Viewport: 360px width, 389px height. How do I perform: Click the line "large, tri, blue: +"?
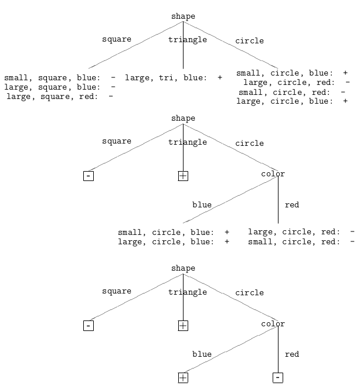(x=174, y=78)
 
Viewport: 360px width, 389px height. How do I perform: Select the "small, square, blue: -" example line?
(x=60, y=78)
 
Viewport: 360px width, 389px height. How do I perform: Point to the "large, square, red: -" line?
(x=60, y=96)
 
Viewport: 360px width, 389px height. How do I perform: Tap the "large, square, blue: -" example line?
(x=60, y=87)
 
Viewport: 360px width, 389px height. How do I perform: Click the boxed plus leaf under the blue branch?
(x=183, y=378)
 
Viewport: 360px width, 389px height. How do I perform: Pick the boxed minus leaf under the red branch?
(x=278, y=378)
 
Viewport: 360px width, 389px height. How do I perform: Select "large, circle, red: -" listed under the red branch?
(x=301, y=232)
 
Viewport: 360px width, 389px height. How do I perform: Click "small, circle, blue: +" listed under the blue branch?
(x=174, y=232)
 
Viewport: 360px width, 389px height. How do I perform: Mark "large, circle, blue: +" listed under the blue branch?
(x=174, y=241)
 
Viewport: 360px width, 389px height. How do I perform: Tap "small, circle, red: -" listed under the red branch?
(x=301, y=241)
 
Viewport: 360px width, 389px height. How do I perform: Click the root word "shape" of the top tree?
(x=184, y=16)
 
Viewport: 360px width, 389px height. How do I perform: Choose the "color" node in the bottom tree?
(x=273, y=324)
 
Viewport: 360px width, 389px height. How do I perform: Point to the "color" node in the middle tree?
(x=273, y=173)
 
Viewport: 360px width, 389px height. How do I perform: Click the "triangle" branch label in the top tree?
(x=188, y=40)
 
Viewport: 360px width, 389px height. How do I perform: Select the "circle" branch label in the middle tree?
(x=250, y=143)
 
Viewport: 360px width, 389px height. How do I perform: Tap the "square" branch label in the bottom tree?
(x=117, y=291)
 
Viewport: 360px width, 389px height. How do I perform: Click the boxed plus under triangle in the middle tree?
(x=183, y=176)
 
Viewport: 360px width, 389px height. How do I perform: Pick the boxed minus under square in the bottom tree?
(x=89, y=326)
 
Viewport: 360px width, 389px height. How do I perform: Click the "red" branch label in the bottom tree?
(x=292, y=354)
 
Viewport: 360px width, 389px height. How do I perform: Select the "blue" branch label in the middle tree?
(x=202, y=204)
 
